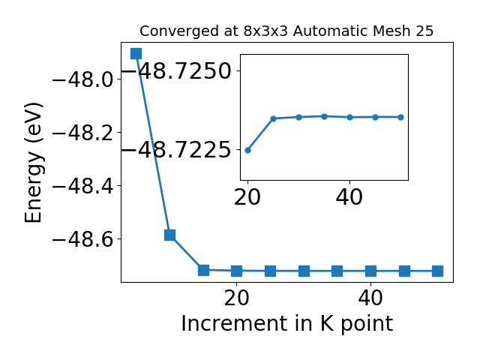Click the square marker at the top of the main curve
click(136, 53)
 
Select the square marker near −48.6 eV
click(169, 235)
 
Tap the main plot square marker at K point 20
click(237, 271)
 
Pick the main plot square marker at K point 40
click(370, 271)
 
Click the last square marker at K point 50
click(437, 271)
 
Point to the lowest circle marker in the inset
click(248, 150)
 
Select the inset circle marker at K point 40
click(350, 117)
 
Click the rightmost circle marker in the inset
click(400, 117)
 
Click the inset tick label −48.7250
click(177, 71)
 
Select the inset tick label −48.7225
click(177, 150)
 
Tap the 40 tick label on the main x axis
click(370, 298)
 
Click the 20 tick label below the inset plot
click(247, 197)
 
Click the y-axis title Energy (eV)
click(33, 162)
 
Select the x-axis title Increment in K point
click(287, 324)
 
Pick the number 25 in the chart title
click(424, 31)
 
